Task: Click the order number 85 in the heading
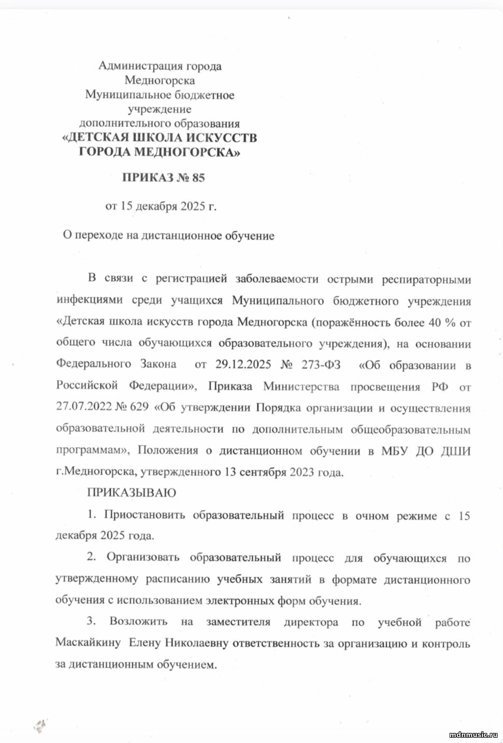click(x=198, y=178)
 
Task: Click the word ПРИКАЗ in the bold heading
click(x=146, y=178)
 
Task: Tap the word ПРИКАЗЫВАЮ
click(x=131, y=493)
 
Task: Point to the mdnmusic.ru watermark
click(x=473, y=735)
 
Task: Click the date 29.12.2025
click(x=243, y=365)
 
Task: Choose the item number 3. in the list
click(x=91, y=621)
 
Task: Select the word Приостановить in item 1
click(x=144, y=515)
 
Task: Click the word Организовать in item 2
click(x=143, y=558)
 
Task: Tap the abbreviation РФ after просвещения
click(x=439, y=387)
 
